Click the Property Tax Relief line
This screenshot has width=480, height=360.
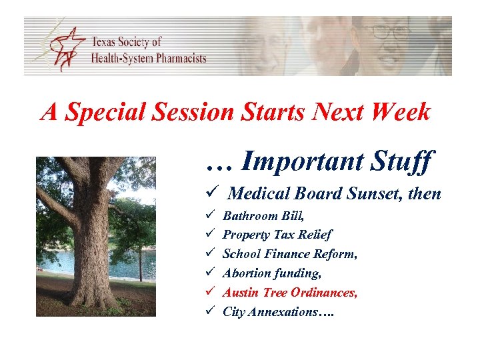coord(277,235)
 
